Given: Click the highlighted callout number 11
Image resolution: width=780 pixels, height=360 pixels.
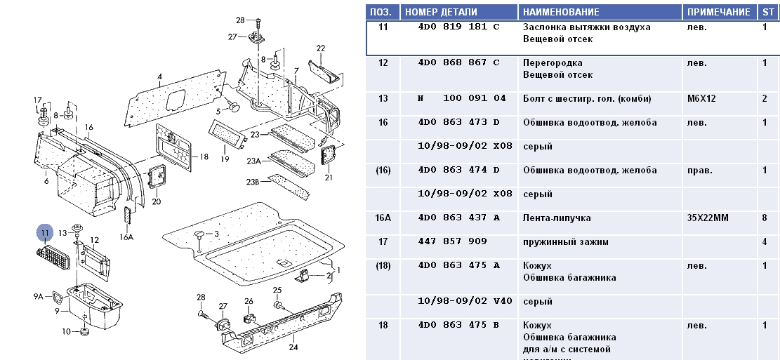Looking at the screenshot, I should pos(46,232).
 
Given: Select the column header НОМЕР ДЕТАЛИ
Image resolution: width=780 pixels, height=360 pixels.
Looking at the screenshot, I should pos(441,12).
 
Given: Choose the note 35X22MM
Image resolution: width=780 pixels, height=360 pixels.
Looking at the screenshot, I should pos(708,218).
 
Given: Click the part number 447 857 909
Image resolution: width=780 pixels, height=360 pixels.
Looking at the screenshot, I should pos(452,241).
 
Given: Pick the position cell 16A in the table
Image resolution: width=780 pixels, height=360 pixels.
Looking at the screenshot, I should pos(383,218).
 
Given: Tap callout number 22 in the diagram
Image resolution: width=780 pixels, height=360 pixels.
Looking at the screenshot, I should pos(321,48).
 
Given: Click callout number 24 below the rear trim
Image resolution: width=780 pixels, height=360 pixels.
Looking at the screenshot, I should pos(293,346).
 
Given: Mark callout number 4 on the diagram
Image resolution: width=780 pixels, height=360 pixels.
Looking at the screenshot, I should pos(160,76).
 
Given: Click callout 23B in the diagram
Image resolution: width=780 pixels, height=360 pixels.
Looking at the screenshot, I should pos(252,182).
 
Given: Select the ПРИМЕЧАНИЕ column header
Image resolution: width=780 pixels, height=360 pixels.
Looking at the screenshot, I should pos(718,12).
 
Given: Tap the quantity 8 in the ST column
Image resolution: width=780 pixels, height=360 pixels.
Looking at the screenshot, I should pos(765,218).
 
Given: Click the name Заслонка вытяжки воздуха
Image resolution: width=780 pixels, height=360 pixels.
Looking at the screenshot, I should pos(586,27).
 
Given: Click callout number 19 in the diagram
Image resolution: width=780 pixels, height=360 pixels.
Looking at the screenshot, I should pos(225,159).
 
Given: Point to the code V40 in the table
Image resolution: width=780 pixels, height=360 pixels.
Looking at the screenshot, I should pos(503,301).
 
